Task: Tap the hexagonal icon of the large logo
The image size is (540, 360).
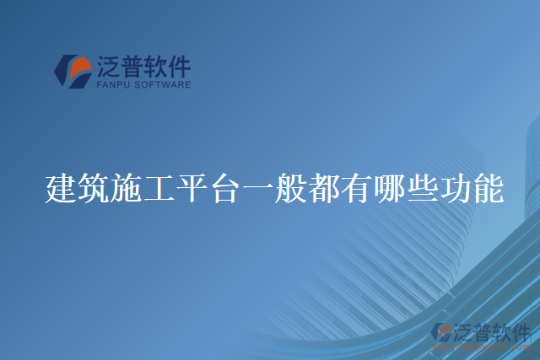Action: click(x=73, y=71)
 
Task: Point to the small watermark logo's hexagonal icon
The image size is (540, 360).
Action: click(x=441, y=334)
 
